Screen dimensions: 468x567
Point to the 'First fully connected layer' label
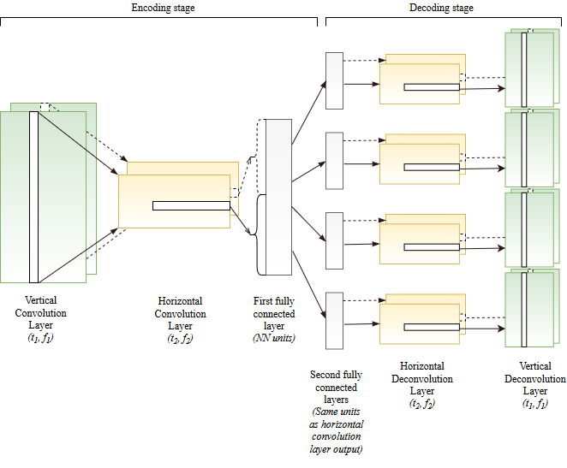[x=274, y=313]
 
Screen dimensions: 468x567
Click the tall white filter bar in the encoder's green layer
[x=34, y=197]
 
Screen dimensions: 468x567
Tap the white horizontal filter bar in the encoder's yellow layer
[x=191, y=205]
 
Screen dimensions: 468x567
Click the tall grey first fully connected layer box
[x=278, y=197]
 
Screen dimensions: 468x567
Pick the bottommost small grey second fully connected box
[x=334, y=320]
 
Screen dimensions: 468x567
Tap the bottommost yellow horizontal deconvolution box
[x=420, y=321]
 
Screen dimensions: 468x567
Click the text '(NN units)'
[x=274, y=339]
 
